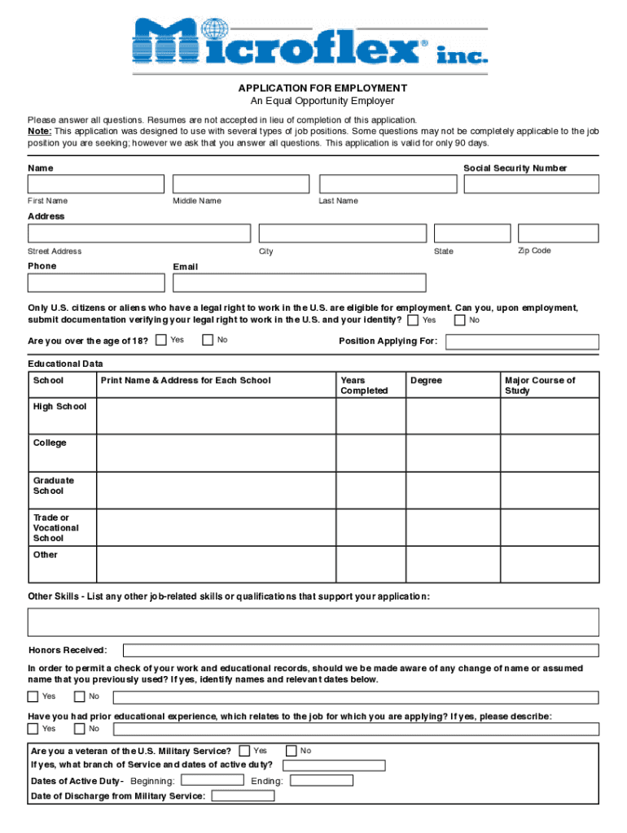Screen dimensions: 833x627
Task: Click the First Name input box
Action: [96, 184]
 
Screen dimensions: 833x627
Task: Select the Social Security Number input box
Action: [531, 184]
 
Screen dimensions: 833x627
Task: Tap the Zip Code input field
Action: [558, 233]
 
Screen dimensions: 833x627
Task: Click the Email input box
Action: [299, 282]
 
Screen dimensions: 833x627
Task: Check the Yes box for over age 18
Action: [161, 340]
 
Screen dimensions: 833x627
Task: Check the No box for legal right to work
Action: [460, 320]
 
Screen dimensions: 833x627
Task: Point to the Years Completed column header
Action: [364, 386]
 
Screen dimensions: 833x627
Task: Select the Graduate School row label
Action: [54, 486]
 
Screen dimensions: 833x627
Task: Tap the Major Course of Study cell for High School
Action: [550, 416]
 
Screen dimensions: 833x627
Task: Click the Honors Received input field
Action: [360, 650]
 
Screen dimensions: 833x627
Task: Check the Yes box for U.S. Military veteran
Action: [244, 751]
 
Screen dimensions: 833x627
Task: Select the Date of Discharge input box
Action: [243, 796]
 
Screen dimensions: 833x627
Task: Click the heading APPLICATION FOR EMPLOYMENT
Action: [322, 88]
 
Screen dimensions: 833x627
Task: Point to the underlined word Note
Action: [39, 131]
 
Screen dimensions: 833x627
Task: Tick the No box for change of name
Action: [80, 696]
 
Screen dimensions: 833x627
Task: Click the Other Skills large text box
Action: [313, 621]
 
